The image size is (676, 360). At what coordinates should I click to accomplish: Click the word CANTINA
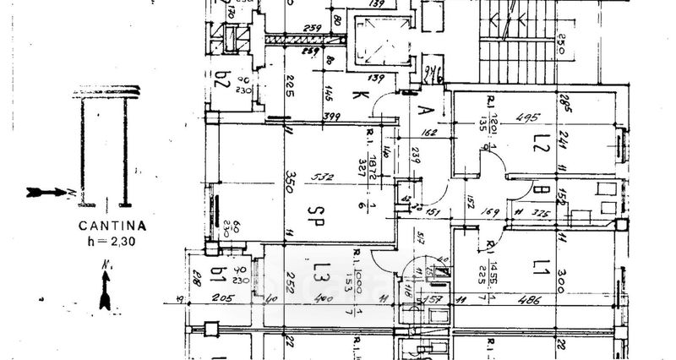112,226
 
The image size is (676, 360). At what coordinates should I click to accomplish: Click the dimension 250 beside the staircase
560,42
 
